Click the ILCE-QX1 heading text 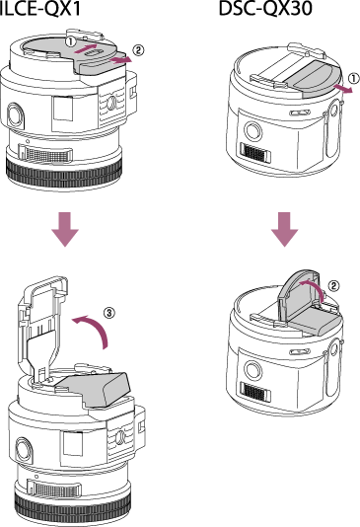[39, 9]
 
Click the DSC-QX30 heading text [265, 9]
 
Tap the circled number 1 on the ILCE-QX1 [70, 42]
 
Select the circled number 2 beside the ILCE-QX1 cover [138, 50]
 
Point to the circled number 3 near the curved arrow [108, 313]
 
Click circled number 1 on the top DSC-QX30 [353, 79]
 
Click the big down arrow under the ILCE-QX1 [65, 229]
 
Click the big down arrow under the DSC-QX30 [285, 229]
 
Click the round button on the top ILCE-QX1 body [15, 113]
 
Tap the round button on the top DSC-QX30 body [252, 130]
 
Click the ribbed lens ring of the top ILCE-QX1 [64, 173]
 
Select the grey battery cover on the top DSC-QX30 [314, 79]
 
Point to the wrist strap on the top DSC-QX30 [332, 131]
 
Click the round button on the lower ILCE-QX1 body [24, 449]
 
